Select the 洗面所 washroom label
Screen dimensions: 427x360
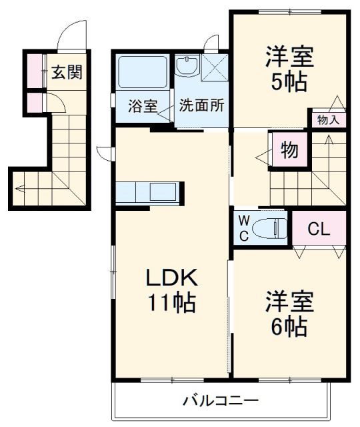coord(201,105)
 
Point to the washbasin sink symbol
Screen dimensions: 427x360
coord(187,66)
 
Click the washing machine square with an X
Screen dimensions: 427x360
coord(215,67)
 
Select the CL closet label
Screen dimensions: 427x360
coord(318,230)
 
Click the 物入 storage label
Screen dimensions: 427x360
coord(328,120)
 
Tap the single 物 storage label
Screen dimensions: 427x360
coord(289,150)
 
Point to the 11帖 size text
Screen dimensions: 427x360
coord(171,304)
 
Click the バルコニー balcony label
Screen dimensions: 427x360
coord(221,402)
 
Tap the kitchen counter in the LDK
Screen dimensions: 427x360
coord(146,192)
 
